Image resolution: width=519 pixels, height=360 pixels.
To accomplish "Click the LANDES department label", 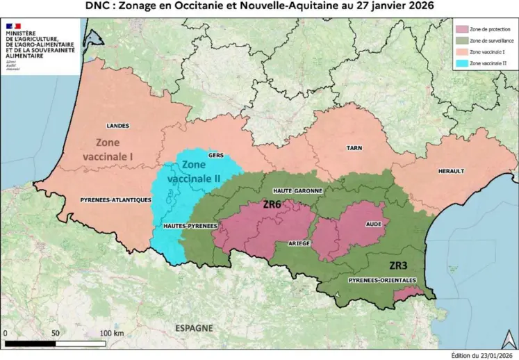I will [118, 126].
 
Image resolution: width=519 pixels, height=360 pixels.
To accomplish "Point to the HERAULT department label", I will [451, 171].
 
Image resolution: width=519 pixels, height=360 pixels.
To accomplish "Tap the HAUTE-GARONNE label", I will [292, 190].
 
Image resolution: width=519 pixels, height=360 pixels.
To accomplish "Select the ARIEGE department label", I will [299, 244].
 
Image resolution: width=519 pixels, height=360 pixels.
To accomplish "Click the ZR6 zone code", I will [272, 205].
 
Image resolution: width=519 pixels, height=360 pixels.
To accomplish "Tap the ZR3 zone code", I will [399, 265].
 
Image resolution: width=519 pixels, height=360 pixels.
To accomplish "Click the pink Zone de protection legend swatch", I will [460, 29].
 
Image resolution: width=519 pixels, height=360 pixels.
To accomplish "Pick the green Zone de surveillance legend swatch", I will [460, 40].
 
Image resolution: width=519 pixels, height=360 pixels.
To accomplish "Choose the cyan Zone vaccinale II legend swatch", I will [460, 63].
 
